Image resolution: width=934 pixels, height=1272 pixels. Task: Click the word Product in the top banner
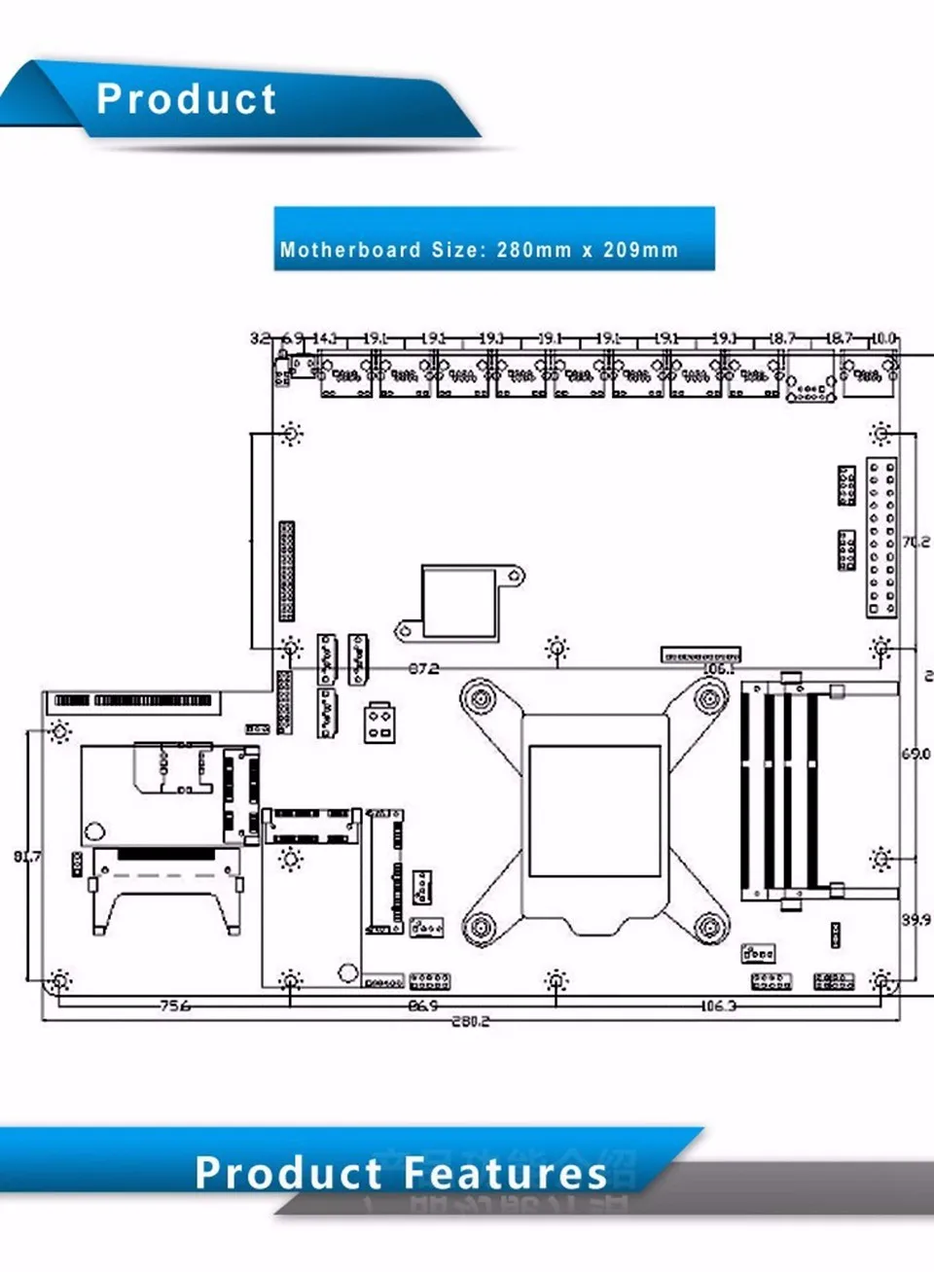(187, 99)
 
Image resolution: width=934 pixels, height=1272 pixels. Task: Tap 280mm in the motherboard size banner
(533, 250)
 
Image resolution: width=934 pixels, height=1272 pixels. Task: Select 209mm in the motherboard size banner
(640, 250)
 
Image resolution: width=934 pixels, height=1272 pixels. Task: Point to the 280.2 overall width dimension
(471, 1021)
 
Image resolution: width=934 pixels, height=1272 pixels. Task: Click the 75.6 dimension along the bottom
(174, 1006)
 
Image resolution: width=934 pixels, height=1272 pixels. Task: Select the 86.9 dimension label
(422, 1006)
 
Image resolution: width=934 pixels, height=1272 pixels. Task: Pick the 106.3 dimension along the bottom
(718, 1006)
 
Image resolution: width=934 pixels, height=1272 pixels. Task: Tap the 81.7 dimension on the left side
(27, 857)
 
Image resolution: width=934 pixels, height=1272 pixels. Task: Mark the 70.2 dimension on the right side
(916, 542)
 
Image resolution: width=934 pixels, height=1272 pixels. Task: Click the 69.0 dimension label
(916, 754)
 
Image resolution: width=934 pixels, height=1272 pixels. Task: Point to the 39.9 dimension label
(916, 919)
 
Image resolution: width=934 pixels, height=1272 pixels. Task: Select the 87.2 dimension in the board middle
(423, 669)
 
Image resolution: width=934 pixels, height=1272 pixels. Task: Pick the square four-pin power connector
(379, 723)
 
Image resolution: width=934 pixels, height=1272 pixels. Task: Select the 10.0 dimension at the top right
(882, 338)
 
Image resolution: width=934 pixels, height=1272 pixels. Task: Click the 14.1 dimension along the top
(324, 338)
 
